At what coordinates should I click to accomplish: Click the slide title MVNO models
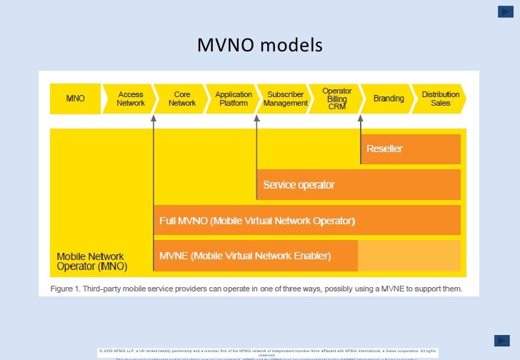click(260, 46)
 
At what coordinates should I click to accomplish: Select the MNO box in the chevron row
click(75, 99)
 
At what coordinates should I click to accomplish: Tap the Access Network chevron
click(131, 99)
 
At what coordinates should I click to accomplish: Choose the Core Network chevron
click(182, 99)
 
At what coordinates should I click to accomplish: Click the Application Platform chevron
click(234, 99)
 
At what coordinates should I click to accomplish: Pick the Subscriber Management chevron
click(285, 99)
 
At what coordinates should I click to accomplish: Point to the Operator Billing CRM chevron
click(337, 99)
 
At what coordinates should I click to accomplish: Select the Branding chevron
click(389, 99)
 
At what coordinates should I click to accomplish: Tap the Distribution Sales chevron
click(440, 99)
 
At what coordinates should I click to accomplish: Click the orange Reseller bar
click(411, 149)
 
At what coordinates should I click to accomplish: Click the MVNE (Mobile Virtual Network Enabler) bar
click(256, 256)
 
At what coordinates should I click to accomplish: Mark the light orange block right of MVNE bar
click(409, 256)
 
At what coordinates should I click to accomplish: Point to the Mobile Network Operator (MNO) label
click(92, 261)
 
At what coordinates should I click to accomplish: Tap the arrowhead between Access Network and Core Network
click(154, 118)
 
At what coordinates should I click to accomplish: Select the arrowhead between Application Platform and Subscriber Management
click(257, 118)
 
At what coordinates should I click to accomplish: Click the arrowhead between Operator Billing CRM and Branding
click(361, 118)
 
